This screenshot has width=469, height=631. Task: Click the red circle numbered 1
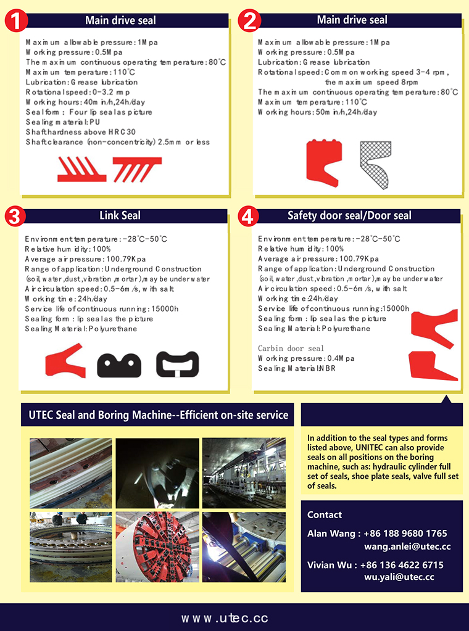16,22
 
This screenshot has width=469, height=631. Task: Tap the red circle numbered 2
249,20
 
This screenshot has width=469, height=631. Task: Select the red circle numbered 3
15,217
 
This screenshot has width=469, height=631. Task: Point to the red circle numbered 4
248,217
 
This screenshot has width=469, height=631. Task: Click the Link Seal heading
120,216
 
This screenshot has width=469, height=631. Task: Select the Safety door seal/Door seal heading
349,216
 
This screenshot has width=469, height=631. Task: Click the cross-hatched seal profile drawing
376,165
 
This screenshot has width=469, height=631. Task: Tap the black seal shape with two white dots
119,365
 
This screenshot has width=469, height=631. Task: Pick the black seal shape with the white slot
178,364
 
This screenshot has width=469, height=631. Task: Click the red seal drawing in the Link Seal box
65,361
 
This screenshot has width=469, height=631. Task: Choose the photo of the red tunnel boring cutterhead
157,546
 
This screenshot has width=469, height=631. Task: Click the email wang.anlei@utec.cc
407,547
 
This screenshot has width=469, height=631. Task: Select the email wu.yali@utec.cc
399,577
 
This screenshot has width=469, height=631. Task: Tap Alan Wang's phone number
405,534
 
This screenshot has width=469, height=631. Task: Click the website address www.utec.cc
225,618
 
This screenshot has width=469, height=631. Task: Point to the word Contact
325,514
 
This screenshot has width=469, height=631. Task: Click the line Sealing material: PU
63,122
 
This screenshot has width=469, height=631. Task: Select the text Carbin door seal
291,348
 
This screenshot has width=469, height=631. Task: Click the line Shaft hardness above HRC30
81,132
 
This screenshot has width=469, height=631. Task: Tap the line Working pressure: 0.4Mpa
306,358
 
